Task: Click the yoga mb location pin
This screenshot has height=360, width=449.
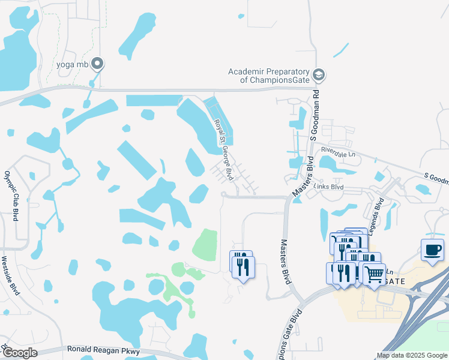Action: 97,64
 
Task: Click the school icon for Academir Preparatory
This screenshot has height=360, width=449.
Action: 320,75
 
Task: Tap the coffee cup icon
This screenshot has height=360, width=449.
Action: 432,250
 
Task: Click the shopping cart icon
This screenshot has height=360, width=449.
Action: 375,275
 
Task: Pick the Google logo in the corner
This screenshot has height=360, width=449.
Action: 20,353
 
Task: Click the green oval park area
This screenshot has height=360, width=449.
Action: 205,244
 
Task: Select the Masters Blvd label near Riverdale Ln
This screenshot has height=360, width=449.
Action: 303,175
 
